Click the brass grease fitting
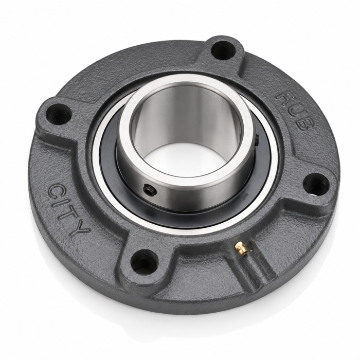coord(241,248)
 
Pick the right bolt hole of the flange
coord(316,184)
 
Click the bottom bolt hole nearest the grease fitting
coord(144,261)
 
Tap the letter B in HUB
coord(304,124)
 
